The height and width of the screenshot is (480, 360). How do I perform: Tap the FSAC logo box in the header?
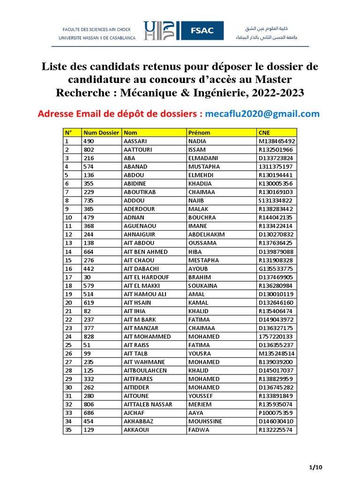(x=202, y=30)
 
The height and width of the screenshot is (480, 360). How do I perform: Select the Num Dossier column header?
(x=100, y=133)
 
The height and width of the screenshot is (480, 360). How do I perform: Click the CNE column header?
(x=263, y=133)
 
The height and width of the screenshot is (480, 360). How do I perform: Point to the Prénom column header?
(x=199, y=133)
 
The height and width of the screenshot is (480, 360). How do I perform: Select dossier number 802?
(x=89, y=150)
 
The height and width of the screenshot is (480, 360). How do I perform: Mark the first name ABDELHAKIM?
(x=207, y=234)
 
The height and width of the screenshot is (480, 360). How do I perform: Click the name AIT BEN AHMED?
(x=145, y=252)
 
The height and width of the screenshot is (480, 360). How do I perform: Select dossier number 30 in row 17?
(x=87, y=277)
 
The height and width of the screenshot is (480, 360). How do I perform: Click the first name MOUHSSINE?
(x=205, y=421)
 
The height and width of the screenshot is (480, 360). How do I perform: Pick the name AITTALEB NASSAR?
(x=148, y=404)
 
